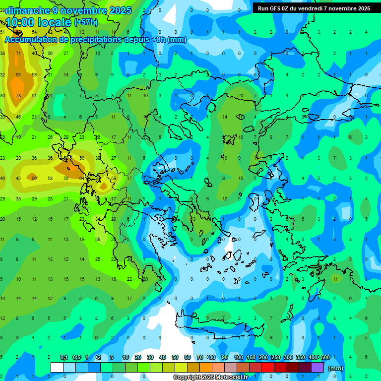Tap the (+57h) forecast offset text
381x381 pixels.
pyautogui.click(x=85, y=22)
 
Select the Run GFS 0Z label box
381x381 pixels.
pyautogui.click(x=314, y=8)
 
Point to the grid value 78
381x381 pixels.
pyautogui.click(x=18, y=95)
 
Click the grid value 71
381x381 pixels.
pyautogui.click(x=18, y=53)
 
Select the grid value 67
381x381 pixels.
pyautogui.click(x=18, y=74)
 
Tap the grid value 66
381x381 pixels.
pyautogui.click(x=34, y=178)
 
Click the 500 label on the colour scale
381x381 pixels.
pyautogui.click(x=325, y=357)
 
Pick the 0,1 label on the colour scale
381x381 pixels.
pyautogui.click(x=64, y=357)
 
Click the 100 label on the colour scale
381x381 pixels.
pyautogui.click(x=238, y=357)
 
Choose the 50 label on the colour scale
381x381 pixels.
pyautogui.click(x=175, y=357)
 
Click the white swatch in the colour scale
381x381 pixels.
pyautogui.click(x=57, y=367)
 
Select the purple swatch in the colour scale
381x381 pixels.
pyautogui.click(x=317, y=367)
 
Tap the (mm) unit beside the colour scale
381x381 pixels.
pyautogui.click(x=336, y=368)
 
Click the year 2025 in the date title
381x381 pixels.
pyautogui.click(x=121, y=10)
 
